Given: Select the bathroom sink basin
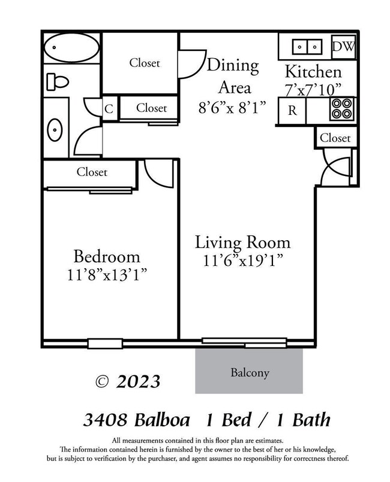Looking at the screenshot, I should (x=56, y=129).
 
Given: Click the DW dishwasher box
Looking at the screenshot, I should (x=343, y=46).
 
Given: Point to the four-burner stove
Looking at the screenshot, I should (x=343, y=110).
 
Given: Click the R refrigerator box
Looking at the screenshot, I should (x=292, y=110).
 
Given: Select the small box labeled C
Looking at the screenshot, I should (x=109, y=109).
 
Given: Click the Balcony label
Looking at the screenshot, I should (x=250, y=372).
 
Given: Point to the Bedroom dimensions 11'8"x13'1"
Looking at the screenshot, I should (x=107, y=276).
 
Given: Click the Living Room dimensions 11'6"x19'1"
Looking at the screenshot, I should (x=242, y=261).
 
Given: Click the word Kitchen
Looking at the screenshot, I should (x=313, y=72).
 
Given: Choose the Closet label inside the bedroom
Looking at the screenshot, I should (x=92, y=172).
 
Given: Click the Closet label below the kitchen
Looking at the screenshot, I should (x=335, y=138).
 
